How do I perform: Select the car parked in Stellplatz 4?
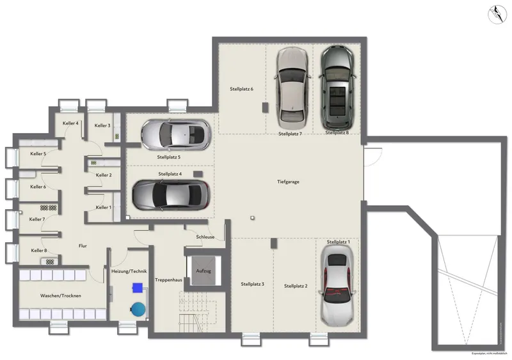coord(170,193)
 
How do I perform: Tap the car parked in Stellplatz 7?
coord(292,88)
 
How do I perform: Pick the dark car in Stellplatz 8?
coord(338,88)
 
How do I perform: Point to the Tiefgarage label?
coord(289,182)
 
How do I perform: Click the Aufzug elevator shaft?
coord(204,270)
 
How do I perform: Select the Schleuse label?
coord(205,237)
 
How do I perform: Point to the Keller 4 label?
coord(70,123)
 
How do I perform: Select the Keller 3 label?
coord(102,125)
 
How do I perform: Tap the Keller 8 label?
coord(38,250)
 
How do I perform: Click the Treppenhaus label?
coord(168,280)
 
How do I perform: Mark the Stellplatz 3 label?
coord(253,283)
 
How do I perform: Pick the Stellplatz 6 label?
coord(242,89)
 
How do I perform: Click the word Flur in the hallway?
coord(83,246)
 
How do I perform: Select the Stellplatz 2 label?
coord(296,286)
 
